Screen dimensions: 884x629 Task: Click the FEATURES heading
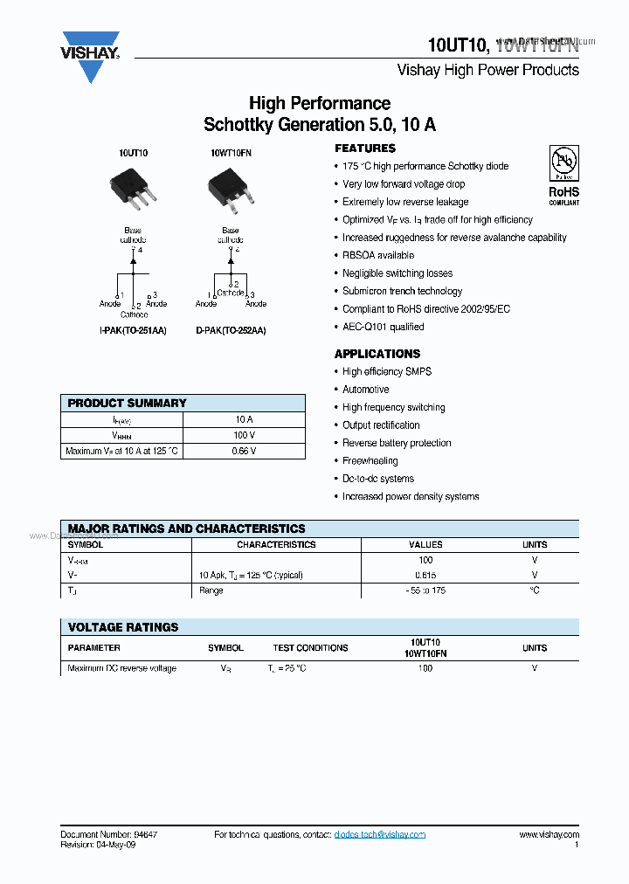click(x=365, y=148)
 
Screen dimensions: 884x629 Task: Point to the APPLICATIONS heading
click(x=377, y=354)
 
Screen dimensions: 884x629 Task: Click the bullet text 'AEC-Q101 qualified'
click(x=383, y=327)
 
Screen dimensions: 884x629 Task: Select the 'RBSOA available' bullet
click(x=377, y=255)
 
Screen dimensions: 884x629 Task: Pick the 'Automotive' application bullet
click(x=365, y=390)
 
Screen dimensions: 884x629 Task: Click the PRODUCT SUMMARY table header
click(x=128, y=403)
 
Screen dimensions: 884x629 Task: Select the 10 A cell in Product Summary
click(x=244, y=419)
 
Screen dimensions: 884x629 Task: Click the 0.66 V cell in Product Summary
click(x=244, y=452)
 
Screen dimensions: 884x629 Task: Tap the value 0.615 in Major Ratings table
click(x=425, y=576)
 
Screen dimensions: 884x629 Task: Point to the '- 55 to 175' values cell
click(x=425, y=590)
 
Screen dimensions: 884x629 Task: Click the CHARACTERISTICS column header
click(x=276, y=544)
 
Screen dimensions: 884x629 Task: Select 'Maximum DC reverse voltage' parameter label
click(x=121, y=668)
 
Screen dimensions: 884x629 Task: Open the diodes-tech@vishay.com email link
click(x=379, y=835)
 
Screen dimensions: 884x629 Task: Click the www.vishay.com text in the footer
click(x=549, y=835)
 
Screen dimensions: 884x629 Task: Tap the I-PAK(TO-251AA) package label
click(x=133, y=331)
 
